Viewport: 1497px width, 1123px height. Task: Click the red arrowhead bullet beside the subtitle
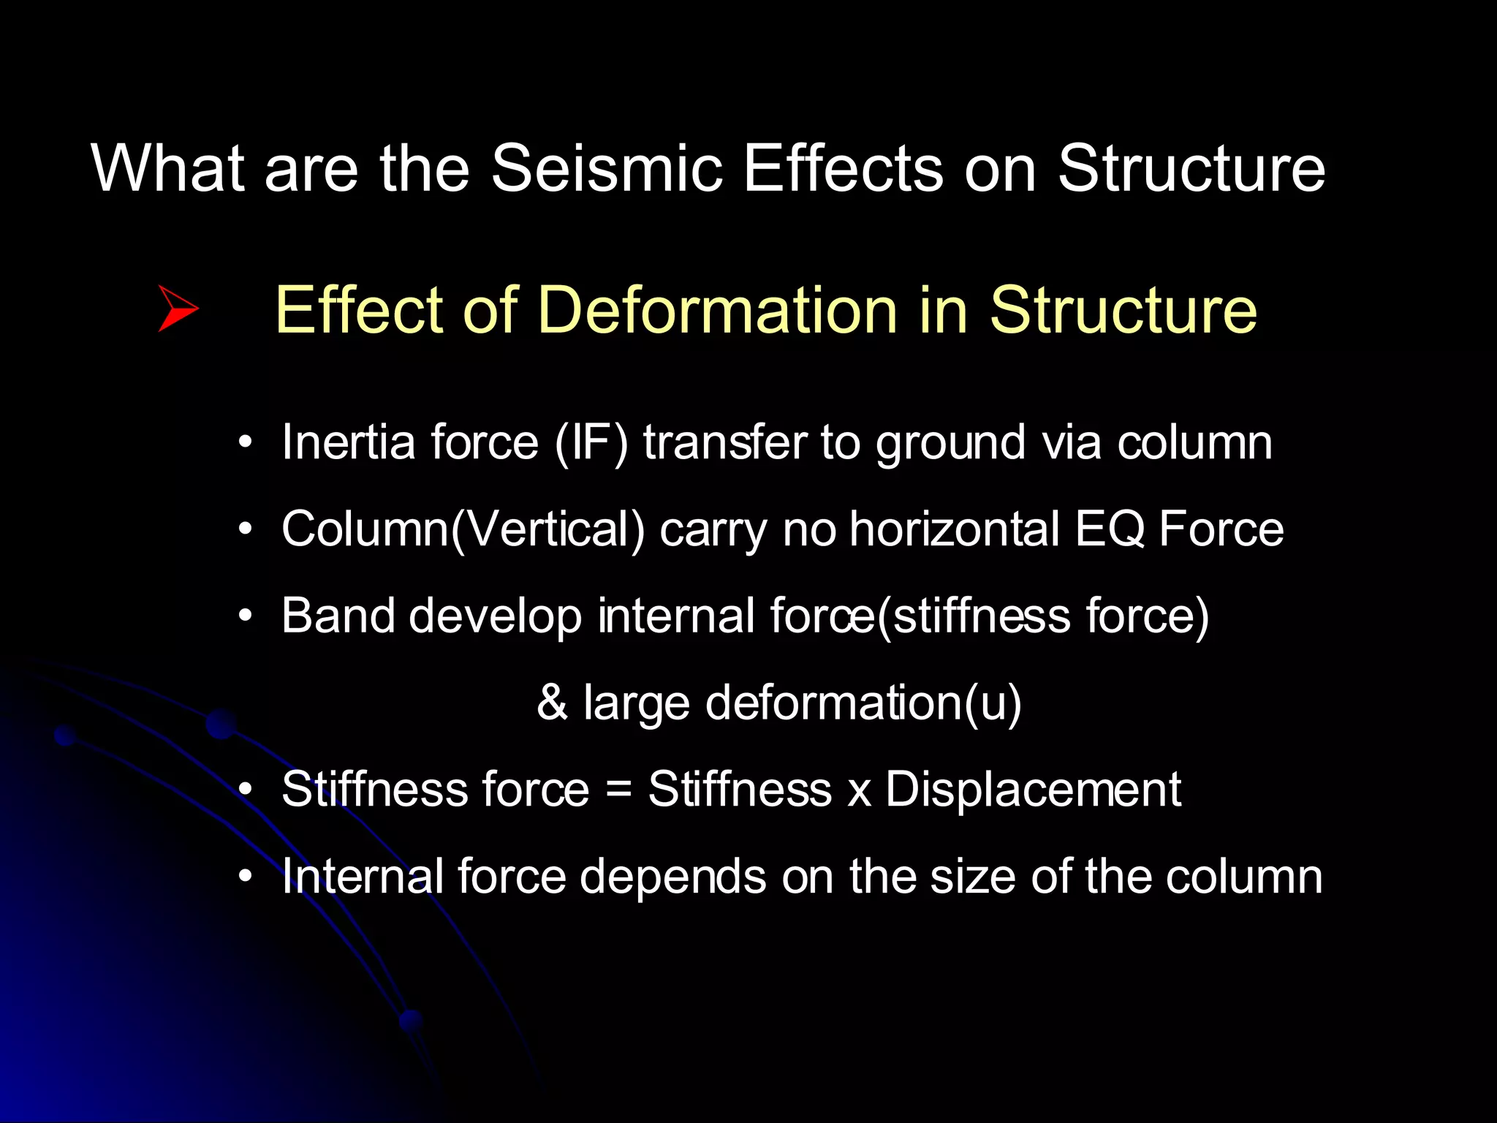click(x=178, y=309)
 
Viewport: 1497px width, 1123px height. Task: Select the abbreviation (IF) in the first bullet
click(x=591, y=443)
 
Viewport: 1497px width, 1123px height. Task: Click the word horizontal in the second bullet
click(x=954, y=529)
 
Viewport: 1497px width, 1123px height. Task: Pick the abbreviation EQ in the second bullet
click(x=1110, y=529)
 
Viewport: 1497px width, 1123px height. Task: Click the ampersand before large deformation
click(x=552, y=702)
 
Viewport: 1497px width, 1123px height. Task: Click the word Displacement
click(x=1032, y=790)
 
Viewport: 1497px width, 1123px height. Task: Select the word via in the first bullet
click(x=1072, y=443)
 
